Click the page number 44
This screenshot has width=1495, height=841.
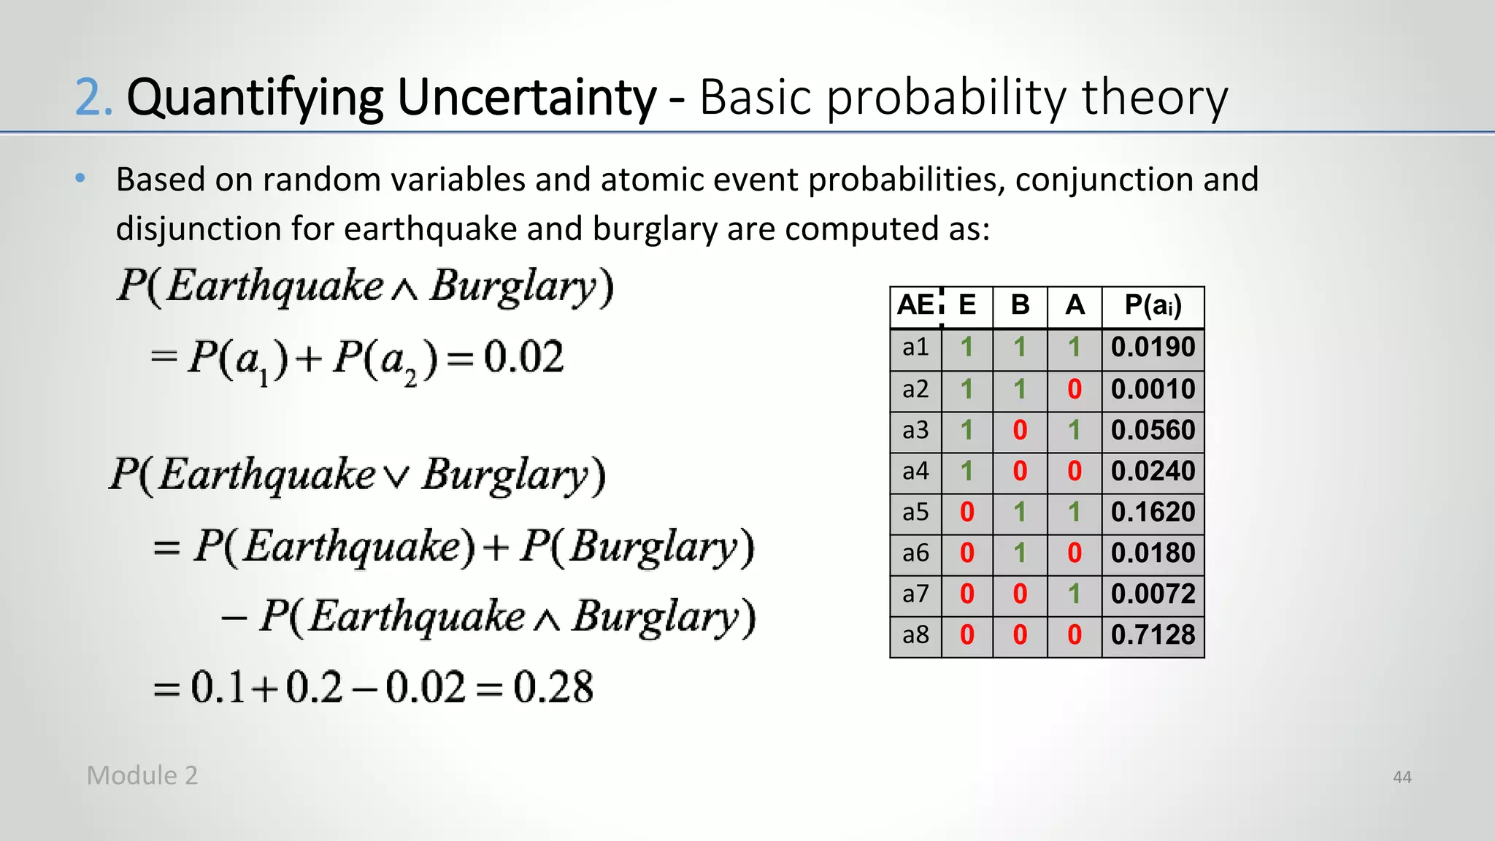pos(1402,777)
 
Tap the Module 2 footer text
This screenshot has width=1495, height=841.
pos(142,775)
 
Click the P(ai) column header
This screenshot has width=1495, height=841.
pos(1153,306)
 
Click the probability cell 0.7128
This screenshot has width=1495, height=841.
pos(1153,635)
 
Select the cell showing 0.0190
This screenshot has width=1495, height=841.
pos(1153,347)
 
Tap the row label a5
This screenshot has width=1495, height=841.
pos(915,512)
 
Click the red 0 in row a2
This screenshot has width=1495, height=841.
pos(1074,389)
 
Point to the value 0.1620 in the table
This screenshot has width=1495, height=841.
pos(1153,512)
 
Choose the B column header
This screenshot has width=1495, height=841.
pos(1020,305)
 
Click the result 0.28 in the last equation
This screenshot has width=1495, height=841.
pos(553,688)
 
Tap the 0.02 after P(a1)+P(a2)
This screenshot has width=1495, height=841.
pos(523,358)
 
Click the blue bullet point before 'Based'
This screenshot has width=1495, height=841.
pos(80,178)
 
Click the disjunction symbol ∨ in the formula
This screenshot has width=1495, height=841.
pos(397,478)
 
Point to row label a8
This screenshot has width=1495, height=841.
pos(915,635)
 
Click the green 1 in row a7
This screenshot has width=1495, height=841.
pos(1074,594)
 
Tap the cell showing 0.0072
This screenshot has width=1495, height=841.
pos(1153,594)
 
